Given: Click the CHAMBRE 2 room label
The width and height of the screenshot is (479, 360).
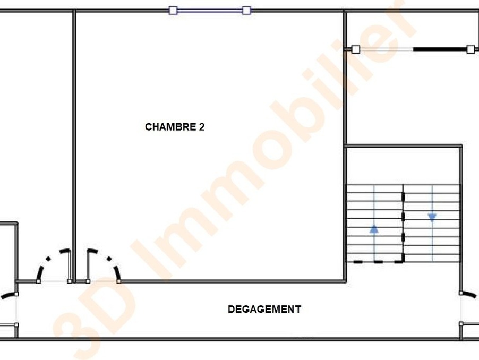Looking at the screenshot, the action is point(175,127).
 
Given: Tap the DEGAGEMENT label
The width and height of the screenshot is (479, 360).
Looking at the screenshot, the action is point(264,310).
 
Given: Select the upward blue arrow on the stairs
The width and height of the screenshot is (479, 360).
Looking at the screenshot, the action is point(374,229).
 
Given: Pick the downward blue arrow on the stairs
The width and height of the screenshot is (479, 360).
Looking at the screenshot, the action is point(432,217).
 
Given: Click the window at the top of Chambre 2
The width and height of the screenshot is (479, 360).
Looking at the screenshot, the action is point(210,11).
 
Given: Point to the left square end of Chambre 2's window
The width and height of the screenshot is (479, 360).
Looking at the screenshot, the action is point(173,11).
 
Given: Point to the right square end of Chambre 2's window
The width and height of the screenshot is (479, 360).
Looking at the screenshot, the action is point(247,11).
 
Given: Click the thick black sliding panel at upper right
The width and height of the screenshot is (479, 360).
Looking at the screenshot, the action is point(440,49).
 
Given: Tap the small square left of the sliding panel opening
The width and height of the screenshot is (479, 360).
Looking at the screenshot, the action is point(356,49).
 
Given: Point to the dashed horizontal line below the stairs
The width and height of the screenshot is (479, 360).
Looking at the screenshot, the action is point(378,262).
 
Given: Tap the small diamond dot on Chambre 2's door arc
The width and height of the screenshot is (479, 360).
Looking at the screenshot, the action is point(109,259).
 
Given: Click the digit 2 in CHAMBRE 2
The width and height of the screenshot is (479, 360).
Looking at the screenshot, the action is point(202,127).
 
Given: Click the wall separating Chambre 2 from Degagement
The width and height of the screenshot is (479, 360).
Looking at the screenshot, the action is point(232,281).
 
